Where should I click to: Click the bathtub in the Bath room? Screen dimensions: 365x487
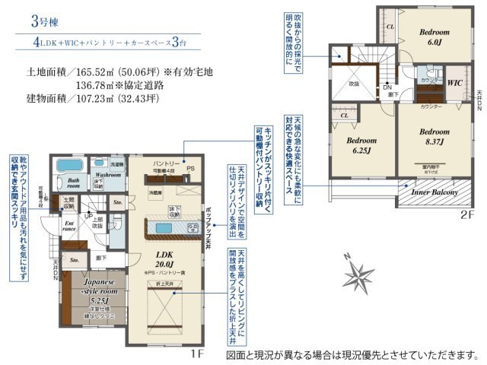(x=66, y=167)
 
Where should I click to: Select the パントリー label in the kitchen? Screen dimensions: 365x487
(x=167, y=163)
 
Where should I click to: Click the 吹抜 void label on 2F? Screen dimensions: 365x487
(x=354, y=84)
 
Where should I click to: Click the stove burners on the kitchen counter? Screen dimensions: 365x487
(x=186, y=227)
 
